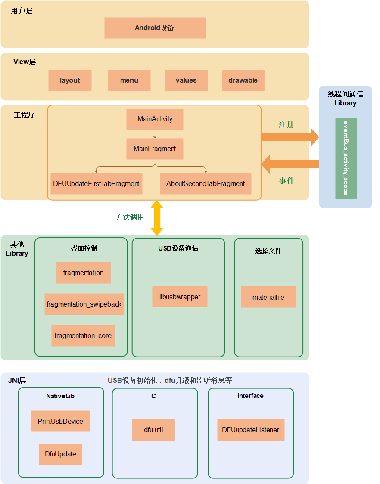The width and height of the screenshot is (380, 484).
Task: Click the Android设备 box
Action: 155,28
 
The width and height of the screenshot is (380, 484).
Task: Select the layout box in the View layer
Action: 70,81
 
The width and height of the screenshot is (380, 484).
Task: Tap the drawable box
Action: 243,81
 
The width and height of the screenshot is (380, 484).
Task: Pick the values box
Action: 186,81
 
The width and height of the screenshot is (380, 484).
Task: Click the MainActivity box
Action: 155,119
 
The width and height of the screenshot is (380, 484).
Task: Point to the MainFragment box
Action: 155,149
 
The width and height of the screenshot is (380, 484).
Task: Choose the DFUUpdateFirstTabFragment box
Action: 97,184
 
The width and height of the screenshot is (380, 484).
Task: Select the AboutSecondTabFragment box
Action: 206,184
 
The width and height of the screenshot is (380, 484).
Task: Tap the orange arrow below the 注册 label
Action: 290,137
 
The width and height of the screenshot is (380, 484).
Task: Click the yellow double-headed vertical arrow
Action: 157,218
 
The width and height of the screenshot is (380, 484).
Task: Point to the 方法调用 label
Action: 130,217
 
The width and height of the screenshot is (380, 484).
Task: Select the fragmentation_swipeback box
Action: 84,304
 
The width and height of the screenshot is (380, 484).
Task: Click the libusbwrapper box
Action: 180,297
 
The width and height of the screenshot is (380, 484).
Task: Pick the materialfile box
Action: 268,297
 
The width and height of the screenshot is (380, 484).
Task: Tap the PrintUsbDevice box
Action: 60,421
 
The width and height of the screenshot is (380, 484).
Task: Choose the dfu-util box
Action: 153,430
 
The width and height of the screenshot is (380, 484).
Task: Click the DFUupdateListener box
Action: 251,430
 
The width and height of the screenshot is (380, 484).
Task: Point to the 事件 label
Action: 287,181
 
